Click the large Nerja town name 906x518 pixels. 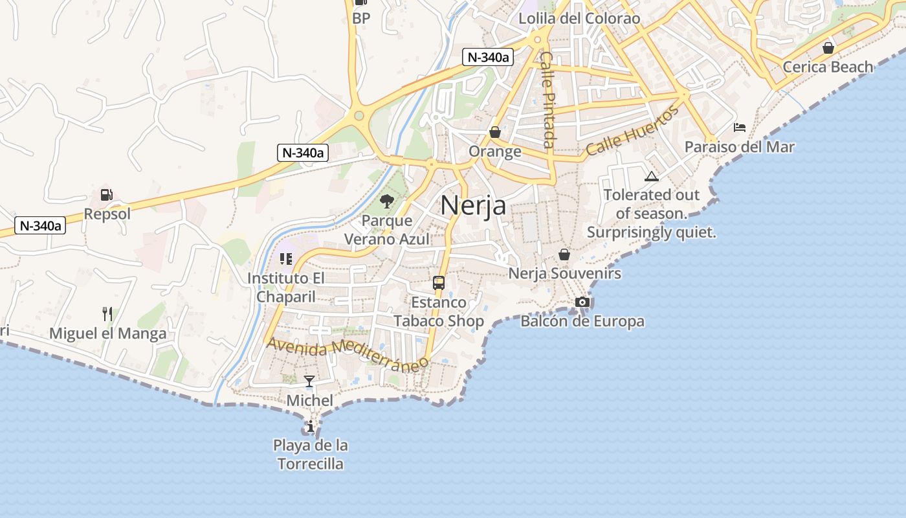(x=473, y=205)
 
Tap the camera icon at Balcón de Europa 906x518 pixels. (x=582, y=302)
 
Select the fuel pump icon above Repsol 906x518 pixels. (x=106, y=194)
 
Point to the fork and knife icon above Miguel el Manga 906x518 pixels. (x=107, y=314)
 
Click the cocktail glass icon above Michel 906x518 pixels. (x=309, y=381)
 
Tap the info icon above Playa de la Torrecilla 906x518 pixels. (x=311, y=426)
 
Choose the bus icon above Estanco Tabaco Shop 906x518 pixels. (x=439, y=282)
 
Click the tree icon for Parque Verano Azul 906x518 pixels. (x=387, y=201)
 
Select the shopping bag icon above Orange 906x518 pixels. (x=495, y=132)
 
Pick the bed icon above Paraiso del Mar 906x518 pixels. (x=740, y=127)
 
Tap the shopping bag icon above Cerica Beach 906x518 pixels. (x=828, y=48)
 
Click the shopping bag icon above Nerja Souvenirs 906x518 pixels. (x=564, y=254)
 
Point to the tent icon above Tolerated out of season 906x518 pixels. (x=651, y=175)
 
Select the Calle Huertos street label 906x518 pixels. (x=633, y=131)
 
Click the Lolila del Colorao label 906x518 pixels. (x=579, y=18)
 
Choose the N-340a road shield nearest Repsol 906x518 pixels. (x=40, y=225)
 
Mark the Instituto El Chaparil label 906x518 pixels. (x=285, y=287)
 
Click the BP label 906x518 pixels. (x=361, y=18)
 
